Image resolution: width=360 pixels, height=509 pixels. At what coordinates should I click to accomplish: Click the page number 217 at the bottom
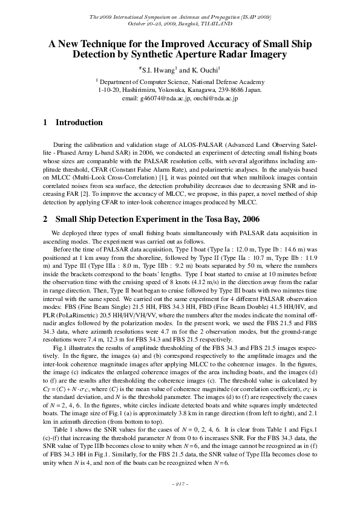pos(180,484)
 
